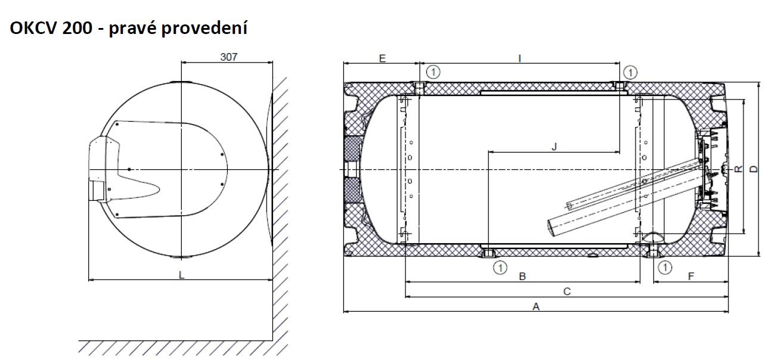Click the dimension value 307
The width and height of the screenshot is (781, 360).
229,57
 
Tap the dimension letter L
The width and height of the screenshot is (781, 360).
181,275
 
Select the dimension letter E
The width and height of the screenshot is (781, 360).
382,58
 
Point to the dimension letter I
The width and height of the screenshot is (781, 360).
519,58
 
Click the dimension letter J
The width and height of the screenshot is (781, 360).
554,147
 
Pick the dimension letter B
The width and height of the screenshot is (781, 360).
522,277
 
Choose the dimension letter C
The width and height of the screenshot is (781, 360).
567,291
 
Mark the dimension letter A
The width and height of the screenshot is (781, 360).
536,307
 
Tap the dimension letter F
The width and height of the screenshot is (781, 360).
691,277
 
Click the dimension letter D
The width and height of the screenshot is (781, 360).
754,169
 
